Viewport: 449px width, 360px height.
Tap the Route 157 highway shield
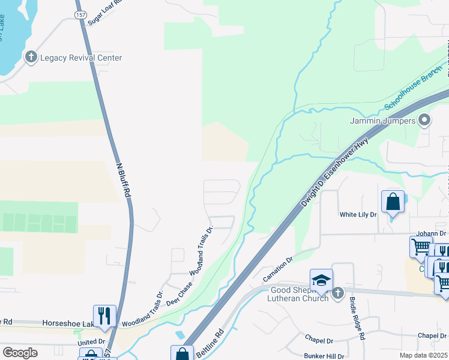coord(80,13)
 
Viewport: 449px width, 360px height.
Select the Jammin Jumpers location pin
coord(424,121)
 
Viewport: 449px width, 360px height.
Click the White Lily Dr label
coord(358,214)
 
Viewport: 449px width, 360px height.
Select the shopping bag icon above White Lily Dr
coord(393,202)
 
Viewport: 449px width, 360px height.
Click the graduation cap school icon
coord(321,280)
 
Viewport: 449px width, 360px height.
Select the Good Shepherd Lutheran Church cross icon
coord(338,293)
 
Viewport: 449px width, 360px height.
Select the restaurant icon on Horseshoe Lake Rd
coord(104,316)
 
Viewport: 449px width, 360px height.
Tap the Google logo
coord(20,353)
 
